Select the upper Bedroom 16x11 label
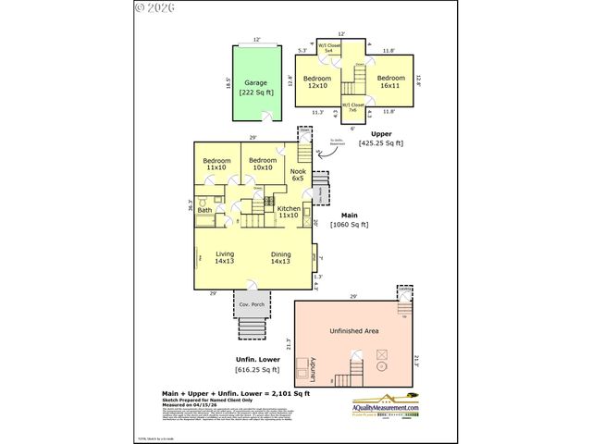pos(391,81)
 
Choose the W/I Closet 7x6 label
pos(353,106)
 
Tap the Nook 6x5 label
pos(298,174)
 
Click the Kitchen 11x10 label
pos(288,212)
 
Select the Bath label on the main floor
pos(204,210)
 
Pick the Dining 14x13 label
pos(280,258)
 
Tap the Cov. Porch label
pos(253,304)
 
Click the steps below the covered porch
pos(253,328)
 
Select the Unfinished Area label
pos(353,330)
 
